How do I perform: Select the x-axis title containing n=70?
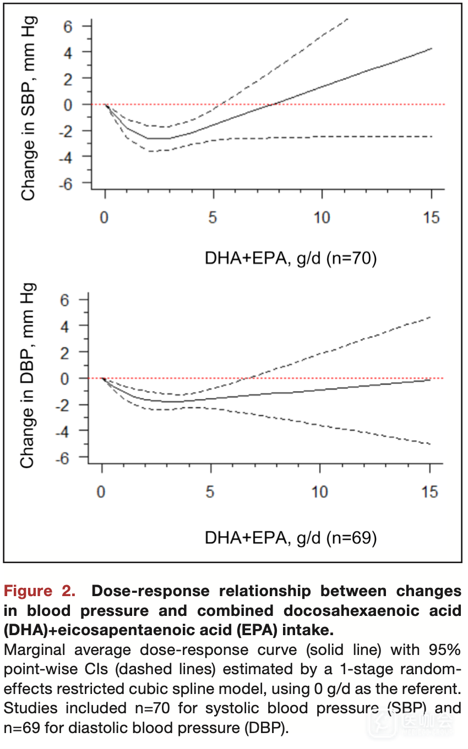pos(291,258)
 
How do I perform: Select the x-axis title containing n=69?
pos(291,537)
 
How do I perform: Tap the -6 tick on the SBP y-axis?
pos(69,183)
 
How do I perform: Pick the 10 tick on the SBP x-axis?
pos(322,218)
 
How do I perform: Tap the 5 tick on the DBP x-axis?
pos(210,491)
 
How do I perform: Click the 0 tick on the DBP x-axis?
pos(101,491)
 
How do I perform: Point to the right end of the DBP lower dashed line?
pos(430,444)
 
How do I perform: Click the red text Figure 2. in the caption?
pos(40,591)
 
